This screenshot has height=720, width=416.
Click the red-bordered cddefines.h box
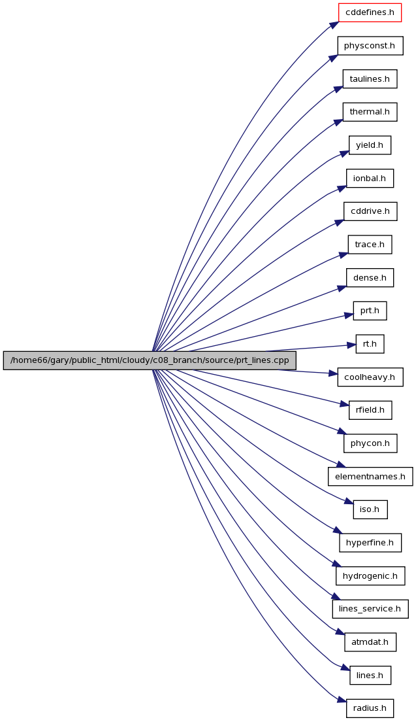[x=370, y=12]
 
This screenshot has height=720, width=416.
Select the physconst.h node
[x=370, y=46]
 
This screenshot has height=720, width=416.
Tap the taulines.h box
[x=370, y=78]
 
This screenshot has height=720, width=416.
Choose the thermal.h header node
[x=370, y=112]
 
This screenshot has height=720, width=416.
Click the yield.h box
[x=370, y=145]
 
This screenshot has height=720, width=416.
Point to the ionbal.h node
[x=370, y=178]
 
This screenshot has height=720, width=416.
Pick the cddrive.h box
[x=370, y=211]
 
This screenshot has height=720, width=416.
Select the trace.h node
[x=370, y=245]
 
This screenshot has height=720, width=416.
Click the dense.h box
[x=370, y=277]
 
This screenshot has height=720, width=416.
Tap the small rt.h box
[x=370, y=344]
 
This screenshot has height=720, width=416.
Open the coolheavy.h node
[x=370, y=377]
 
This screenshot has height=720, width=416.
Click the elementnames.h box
[x=370, y=476]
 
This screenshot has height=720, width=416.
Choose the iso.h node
[x=370, y=509]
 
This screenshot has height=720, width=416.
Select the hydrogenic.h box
[x=370, y=576]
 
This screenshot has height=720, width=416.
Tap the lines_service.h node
[x=370, y=609]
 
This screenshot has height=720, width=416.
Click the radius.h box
[x=370, y=708]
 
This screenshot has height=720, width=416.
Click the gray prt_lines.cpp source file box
[x=150, y=360]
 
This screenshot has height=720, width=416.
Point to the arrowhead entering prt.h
[x=349, y=315]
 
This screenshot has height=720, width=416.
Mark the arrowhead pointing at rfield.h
[x=344, y=404]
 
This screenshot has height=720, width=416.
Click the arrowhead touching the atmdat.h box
[x=340, y=633]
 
